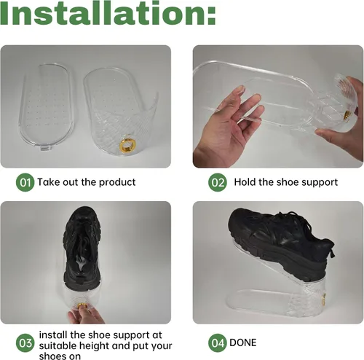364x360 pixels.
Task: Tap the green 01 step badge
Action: click(x=25, y=182)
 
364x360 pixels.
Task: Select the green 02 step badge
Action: click(x=218, y=182)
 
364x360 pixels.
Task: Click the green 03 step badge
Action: click(x=25, y=343)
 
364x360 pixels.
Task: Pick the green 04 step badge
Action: click(x=218, y=343)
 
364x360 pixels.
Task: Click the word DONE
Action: click(x=243, y=343)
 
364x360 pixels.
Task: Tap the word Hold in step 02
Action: click(x=245, y=182)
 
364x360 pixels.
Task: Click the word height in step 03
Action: click(x=95, y=346)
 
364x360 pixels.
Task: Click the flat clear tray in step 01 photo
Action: click(x=46, y=107)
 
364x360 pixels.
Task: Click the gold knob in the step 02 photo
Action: click(x=347, y=114)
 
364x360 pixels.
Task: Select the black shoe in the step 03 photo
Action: click(x=82, y=247)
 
